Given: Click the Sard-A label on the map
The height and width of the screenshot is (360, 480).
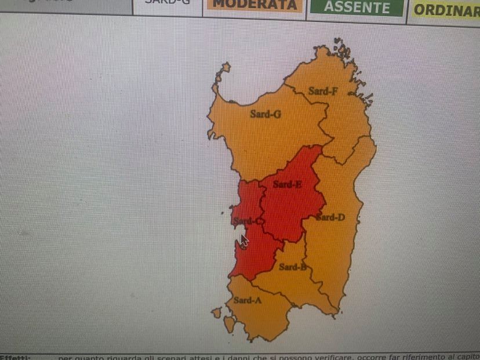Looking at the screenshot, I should [x=247, y=300].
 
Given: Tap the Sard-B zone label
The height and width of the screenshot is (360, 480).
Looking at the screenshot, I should [x=292, y=267].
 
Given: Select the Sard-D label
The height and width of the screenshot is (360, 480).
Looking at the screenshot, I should [x=330, y=217].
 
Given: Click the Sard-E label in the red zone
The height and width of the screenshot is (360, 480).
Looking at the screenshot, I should [x=287, y=184].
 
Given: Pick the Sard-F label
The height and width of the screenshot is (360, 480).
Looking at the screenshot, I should [x=323, y=91].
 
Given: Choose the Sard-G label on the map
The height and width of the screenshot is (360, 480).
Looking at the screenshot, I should [x=266, y=114].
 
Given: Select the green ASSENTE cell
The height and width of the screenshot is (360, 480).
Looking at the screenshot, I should [x=357, y=8].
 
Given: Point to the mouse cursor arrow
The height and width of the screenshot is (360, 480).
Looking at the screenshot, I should [x=244, y=240].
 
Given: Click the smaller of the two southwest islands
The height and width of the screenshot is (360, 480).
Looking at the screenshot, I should [x=217, y=312].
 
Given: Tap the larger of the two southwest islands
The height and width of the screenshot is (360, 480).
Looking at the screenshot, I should [x=230, y=323].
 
